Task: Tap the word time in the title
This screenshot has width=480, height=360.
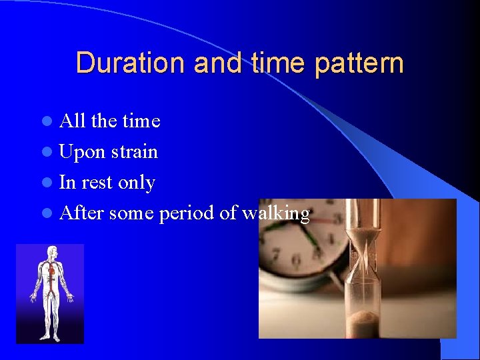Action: [x=276, y=63]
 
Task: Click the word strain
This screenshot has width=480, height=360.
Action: [x=134, y=152]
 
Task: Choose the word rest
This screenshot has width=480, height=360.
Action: [x=97, y=183]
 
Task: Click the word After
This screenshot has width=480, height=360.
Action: [x=81, y=213]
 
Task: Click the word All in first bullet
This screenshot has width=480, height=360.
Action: [x=73, y=121]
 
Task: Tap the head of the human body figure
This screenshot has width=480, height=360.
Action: [x=51, y=252]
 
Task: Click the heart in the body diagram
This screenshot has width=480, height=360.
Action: [x=51, y=271]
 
